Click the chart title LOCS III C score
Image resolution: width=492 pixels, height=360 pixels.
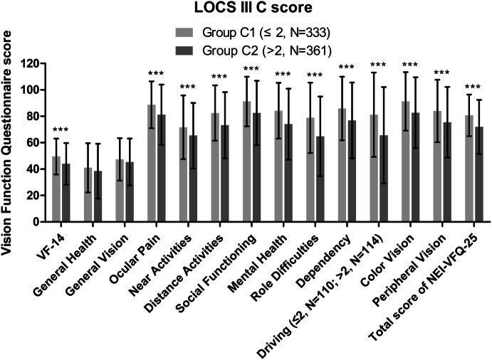coord(246,8)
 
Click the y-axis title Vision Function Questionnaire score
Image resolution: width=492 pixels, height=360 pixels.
coord(10,142)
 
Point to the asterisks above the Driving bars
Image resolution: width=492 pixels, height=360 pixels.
coord(378,65)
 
